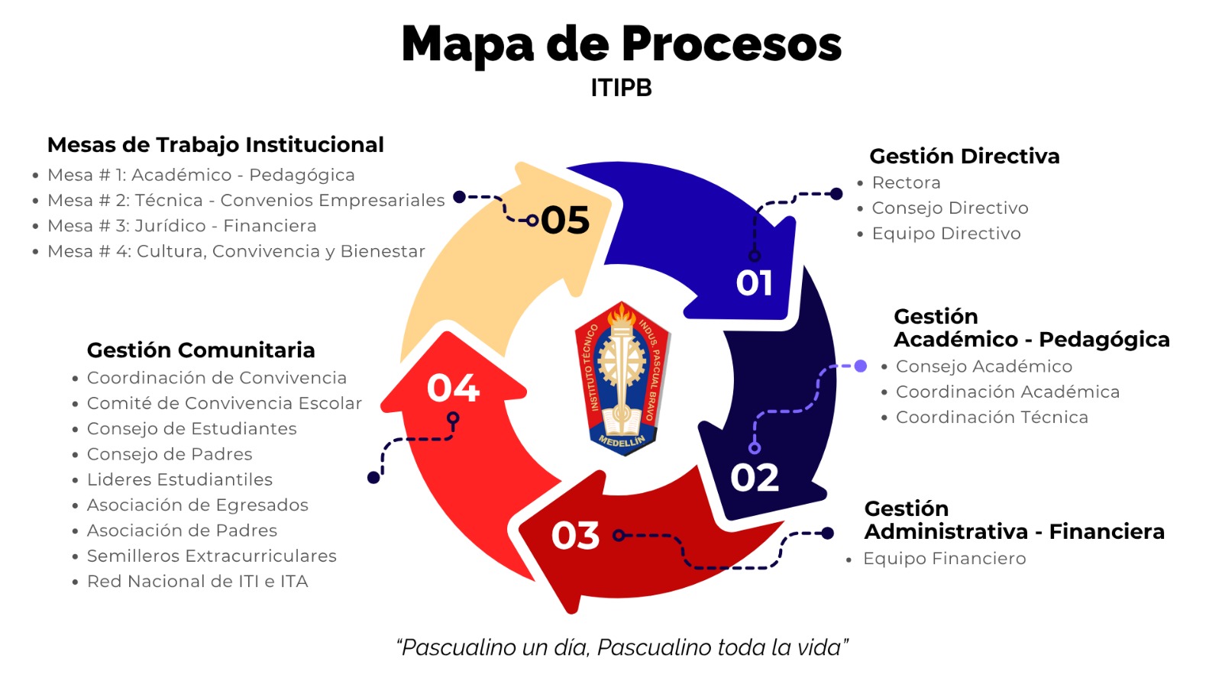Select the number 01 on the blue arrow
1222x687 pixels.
pyautogui.click(x=755, y=283)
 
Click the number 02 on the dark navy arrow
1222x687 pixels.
pyautogui.click(x=755, y=478)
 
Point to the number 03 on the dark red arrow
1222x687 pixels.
pyautogui.click(x=576, y=535)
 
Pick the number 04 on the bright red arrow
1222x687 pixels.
pyautogui.click(x=453, y=389)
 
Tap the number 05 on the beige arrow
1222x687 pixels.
pyautogui.click(x=565, y=221)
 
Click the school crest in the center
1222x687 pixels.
pyautogui.click(x=622, y=379)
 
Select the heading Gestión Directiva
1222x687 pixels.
pyautogui.click(x=965, y=156)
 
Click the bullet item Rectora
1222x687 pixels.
pyautogui.click(x=906, y=182)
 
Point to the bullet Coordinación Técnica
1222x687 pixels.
pyautogui.click(x=992, y=417)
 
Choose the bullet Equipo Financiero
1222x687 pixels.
pyautogui.click(x=944, y=558)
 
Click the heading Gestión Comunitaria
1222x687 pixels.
pyautogui.click(x=201, y=350)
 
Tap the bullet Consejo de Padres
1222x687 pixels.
pyautogui.click(x=170, y=454)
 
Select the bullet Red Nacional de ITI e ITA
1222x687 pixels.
pyautogui.click(x=198, y=581)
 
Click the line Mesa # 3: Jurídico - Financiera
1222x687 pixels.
pyautogui.click(x=182, y=226)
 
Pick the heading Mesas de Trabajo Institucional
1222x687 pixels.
pyautogui.click(x=215, y=145)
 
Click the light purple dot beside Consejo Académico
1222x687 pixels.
pyautogui.click(x=860, y=366)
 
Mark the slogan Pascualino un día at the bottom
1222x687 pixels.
pyautogui.click(x=622, y=648)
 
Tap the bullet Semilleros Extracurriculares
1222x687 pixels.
pyautogui.click(x=212, y=556)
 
